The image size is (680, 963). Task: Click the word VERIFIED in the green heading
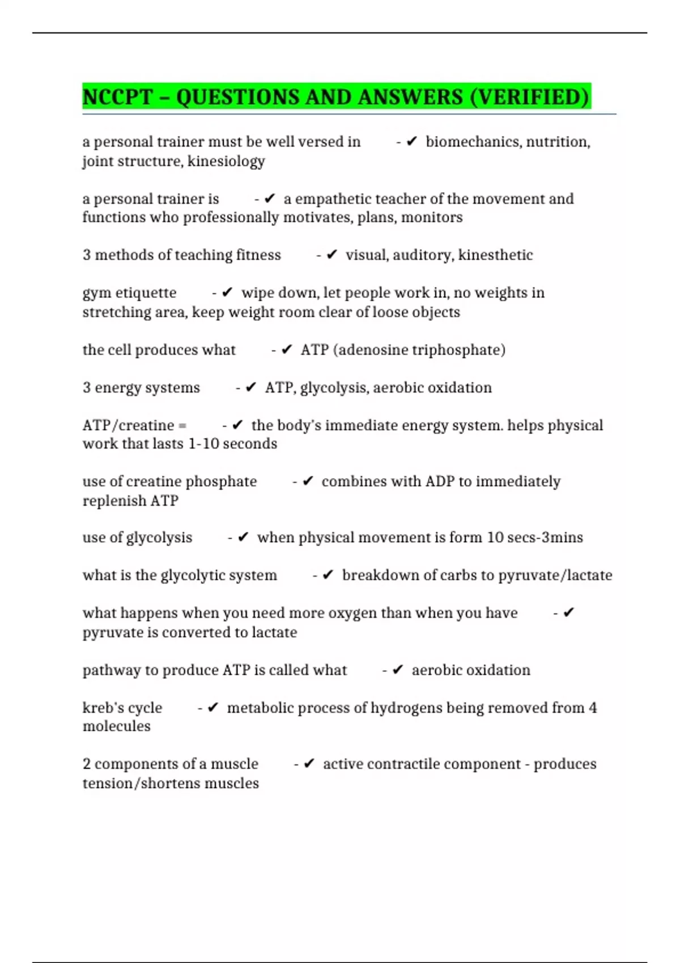pos(529,97)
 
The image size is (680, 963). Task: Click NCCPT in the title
pos(117,97)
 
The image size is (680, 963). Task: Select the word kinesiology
pos(226,161)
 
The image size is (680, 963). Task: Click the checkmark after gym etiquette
pos(227,292)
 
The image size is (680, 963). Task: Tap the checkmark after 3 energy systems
pos(251,387)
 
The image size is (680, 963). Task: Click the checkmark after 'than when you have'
pos(568,612)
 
